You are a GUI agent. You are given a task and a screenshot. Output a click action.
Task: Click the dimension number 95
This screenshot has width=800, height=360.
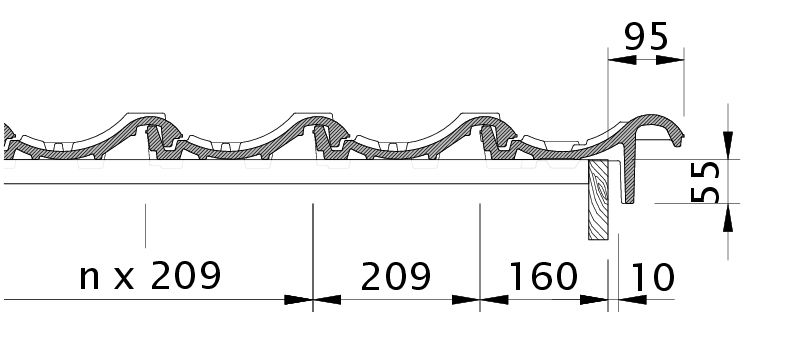(x=646, y=37)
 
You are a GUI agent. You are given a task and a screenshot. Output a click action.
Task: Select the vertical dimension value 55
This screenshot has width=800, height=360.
(x=706, y=182)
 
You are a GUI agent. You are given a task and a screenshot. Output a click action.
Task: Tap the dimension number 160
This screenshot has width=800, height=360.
(x=543, y=277)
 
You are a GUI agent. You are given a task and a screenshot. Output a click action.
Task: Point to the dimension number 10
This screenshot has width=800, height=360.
(x=654, y=277)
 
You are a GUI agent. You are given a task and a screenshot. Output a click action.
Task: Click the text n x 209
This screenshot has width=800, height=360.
(x=150, y=275)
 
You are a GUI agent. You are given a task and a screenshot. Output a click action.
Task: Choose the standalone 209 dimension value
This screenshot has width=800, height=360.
(x=395, y=277)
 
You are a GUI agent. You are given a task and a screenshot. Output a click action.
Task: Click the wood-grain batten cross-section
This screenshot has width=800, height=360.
(x=598, y=199)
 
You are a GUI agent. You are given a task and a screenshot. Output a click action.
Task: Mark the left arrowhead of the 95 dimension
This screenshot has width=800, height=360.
(x=622, y=60)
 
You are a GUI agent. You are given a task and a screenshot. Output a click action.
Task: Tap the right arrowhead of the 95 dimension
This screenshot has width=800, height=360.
(x=670, y=60)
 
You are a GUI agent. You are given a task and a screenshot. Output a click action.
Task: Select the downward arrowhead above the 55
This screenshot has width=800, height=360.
(x=728, y=145)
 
